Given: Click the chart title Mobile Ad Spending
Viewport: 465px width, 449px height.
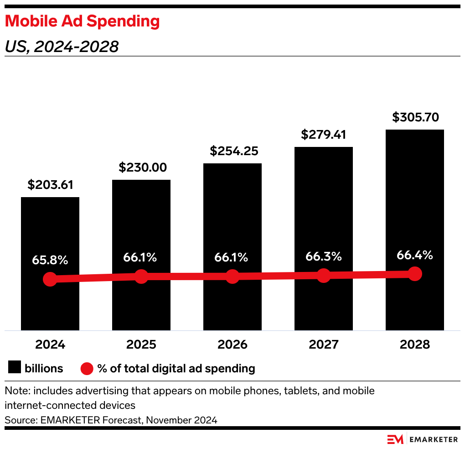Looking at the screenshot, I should click(x=82, y=21).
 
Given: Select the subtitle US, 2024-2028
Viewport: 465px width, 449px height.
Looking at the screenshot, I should click(x=62, y=47).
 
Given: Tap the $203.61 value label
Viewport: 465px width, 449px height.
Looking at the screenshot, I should click(x=50, y=185).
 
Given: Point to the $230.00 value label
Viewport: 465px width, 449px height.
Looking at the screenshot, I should click(x=141, y=167).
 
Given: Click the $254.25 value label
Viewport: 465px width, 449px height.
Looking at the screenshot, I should click(x=232, y=151).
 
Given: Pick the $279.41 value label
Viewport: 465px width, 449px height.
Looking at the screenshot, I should click(x=324, y=135).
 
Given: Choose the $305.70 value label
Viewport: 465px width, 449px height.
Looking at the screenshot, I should click(x=415, y=117).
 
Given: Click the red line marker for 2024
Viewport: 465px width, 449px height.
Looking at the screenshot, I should click(x=50, y=279).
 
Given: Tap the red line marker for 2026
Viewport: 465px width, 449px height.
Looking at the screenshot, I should click(x=232, y=276).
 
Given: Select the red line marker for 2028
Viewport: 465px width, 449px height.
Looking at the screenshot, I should click(x=415, y=274).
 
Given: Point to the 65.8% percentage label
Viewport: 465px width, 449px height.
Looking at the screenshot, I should click(x=50, y=261).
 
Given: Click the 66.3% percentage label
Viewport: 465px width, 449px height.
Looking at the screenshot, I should click(x=324, y=257).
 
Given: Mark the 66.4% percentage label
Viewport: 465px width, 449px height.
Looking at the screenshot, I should click(x=415, y=255).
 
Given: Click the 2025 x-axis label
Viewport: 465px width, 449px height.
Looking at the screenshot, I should click(x=141, y=345).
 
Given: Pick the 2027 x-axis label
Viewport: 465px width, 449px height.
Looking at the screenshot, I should click(x=324, y=345).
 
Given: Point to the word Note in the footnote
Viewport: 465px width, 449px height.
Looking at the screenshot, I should click(x=15, y=391).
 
